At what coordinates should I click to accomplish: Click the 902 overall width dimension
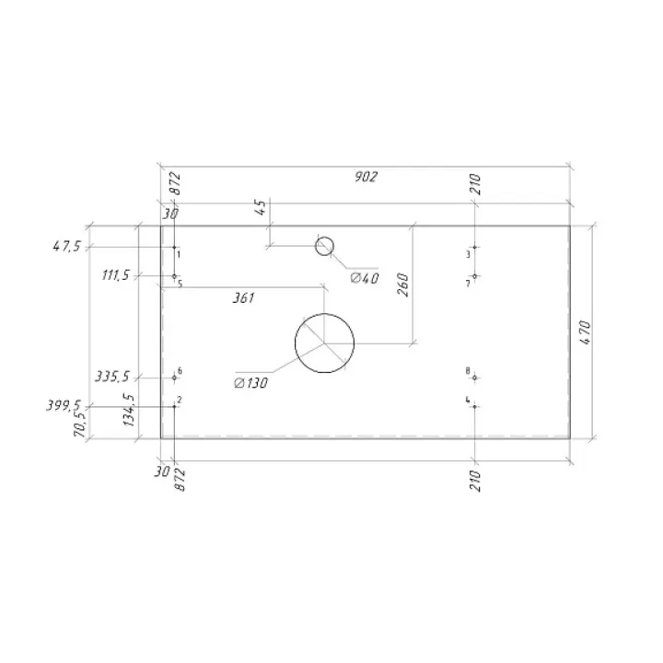pos(366,177)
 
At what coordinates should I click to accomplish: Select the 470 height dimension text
pos(586,332)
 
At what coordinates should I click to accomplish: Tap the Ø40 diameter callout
pos(365,278)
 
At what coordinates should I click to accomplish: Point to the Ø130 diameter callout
pos(250,383)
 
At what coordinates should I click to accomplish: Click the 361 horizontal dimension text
pos(244,298)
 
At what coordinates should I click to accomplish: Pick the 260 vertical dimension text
pos(404,285)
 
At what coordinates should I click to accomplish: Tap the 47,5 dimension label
pos(66,246)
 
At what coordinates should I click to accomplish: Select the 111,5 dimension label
pos(115,275)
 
